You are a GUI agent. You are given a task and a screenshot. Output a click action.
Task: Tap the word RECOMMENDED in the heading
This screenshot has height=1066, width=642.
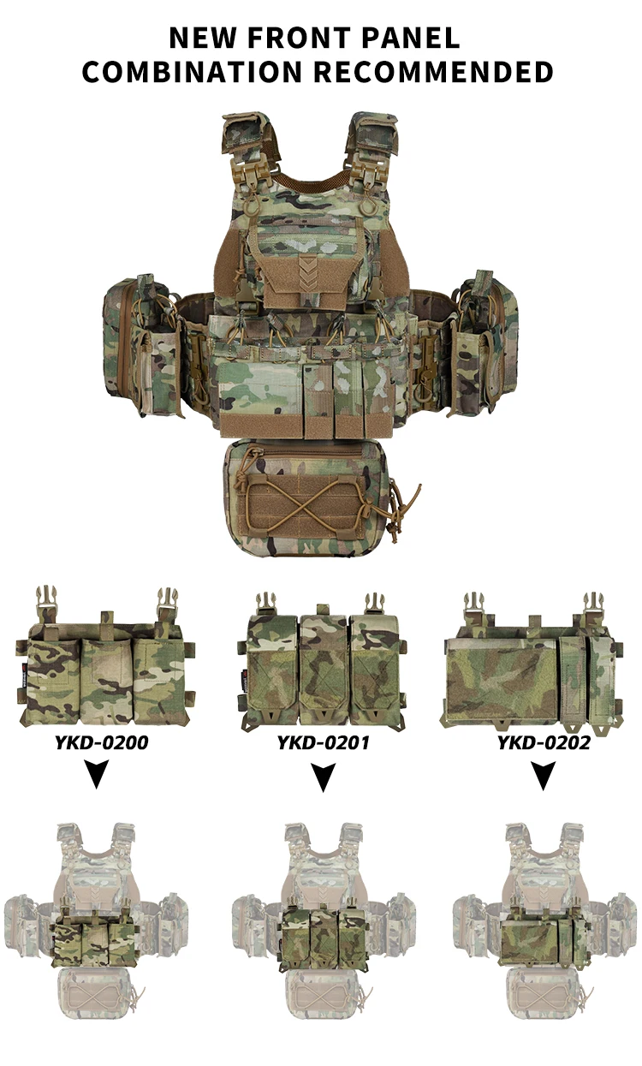click(433, 71)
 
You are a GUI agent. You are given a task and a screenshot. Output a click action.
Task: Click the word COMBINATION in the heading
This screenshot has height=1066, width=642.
click(193, 71)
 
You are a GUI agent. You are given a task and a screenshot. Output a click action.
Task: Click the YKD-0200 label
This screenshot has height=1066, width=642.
click(101, 742)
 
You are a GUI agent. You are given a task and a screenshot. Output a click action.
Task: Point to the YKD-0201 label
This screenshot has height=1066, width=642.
click(324, 742)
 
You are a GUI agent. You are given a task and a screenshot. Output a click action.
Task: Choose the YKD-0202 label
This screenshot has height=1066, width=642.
click(544, 742)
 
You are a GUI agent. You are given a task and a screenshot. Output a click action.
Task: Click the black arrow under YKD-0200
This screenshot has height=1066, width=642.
click(97, 774)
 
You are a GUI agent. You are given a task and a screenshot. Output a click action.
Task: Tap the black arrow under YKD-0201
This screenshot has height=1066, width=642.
click(324, 777)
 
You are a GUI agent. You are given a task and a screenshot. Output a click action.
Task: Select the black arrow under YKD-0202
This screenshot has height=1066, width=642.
click(543, 776)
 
